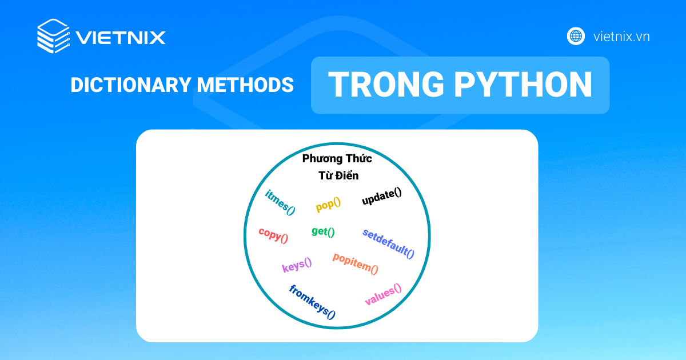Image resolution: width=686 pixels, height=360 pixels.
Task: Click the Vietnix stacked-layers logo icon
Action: [53, 37]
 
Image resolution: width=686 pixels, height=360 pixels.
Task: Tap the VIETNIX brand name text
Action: [121, 38]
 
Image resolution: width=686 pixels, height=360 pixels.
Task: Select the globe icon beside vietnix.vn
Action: [576, 37]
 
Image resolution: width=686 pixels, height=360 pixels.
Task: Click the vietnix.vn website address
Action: [621, 37]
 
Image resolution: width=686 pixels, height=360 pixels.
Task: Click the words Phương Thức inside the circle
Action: [337, 159]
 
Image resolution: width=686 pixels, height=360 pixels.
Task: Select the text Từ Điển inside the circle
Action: [338, 175]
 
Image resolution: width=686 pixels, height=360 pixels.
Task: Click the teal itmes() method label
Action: [280, 202]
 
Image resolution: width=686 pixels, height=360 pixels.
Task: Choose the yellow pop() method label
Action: [328, 204]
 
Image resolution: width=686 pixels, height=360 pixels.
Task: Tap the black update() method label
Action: [382, 197]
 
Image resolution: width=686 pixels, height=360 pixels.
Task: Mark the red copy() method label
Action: [273, 234]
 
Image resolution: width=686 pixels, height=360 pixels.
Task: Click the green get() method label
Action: [323, 231]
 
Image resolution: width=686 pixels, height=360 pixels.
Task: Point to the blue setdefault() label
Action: [388, 243]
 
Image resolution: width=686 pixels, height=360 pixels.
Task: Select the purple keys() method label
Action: [297, 265]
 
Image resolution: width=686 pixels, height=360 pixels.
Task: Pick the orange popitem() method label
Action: [355, 263]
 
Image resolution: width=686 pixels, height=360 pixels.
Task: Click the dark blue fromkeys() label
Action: [312, 301]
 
